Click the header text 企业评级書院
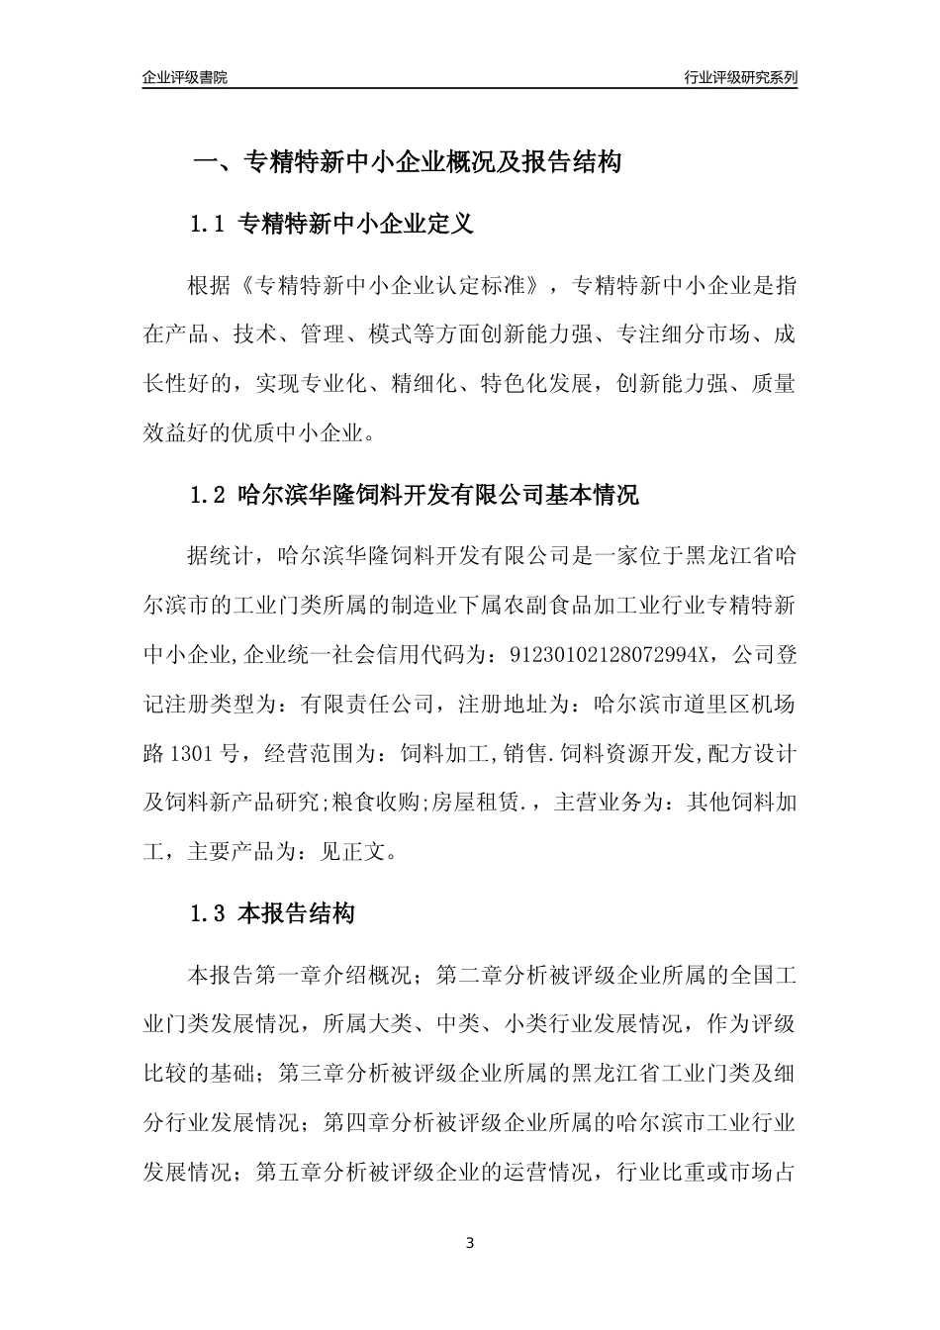coord(185,77)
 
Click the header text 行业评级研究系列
coord(740,77)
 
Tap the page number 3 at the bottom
coord(469,1243)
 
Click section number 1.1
coord(209,225)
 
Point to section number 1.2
coord(209,496)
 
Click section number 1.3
coord(209,914)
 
